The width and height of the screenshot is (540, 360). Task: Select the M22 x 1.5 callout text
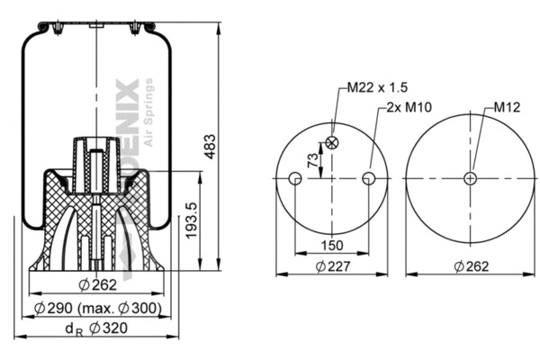pyautogui.click(x=378, y=87)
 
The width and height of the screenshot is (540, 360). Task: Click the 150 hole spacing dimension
pyautogui.click(x=330, y=245)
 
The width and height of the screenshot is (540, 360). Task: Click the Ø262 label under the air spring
pyautogui.click(x=93, y=286)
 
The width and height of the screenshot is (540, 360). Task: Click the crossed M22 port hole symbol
pyautogui.click(x=334, y=142)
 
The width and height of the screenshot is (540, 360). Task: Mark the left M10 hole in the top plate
pyautogui.click(x=294, y=179)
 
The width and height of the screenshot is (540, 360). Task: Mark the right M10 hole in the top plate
pyautogui.click(x=368, y=179)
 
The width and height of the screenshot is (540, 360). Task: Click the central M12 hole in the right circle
pyautogui.click(x=469, y=178)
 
